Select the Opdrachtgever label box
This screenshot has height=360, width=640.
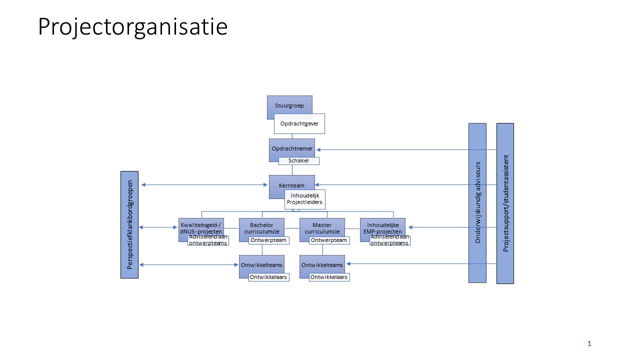tap(299, 123)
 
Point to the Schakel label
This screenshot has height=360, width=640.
tap(298, 161)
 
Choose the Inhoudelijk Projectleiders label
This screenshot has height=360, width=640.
tap(305, 199)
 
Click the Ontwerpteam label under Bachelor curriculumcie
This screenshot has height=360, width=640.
tap(268, 240)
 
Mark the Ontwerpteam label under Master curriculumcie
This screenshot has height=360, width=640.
tap(329, 240)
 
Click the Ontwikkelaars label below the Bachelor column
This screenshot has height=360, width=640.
tap(268, 277)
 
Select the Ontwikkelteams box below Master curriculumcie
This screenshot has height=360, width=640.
tap(322, 264)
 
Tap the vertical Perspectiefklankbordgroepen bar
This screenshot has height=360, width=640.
tap(129, 224)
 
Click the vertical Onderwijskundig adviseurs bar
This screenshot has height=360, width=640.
tap(477, 202)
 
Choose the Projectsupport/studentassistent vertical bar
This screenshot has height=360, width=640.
tap(505, 203)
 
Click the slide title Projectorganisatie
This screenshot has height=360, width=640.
tap(132, 26)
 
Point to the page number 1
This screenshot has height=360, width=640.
tap(589, 343)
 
